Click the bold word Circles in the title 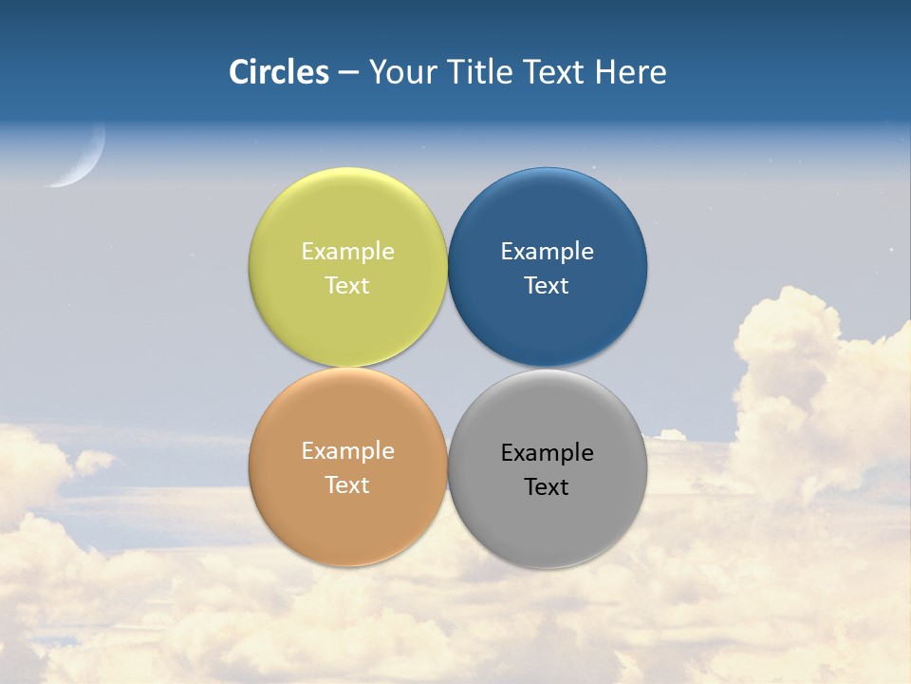click(279, 72)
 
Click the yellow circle click(347, 214)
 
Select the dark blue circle click(548, 214)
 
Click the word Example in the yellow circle click(347, 252)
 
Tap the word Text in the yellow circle click(347, 286)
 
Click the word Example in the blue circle click(547, 252)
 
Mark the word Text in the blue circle click(547, 286)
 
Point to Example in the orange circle click(347, 451)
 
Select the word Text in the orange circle click(347, 485)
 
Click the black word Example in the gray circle click(547, 453)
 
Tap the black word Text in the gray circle click(547, 487)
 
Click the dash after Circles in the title click(348, 73)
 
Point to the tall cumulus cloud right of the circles click(807, 380)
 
